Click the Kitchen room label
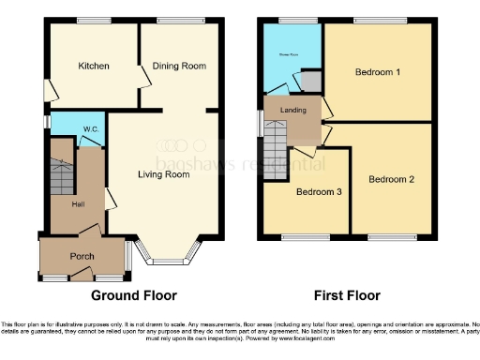pos(94,67)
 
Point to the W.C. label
pos(91,128)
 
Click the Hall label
pos(82,203)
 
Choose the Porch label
pos(82,256)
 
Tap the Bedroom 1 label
pos(378,72)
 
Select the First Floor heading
pos(347,295)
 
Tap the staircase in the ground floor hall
pos(60,173)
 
